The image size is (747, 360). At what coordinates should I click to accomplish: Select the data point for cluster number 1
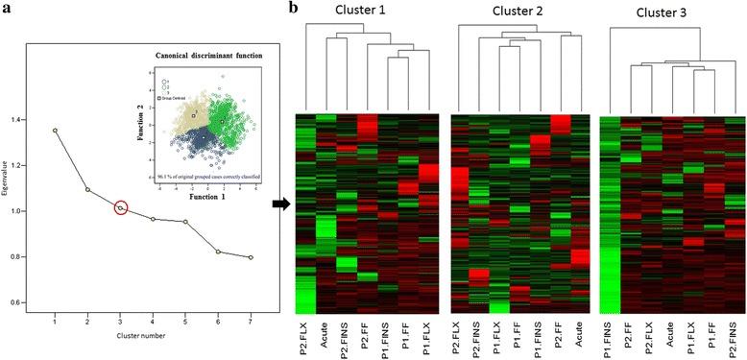[x=55, y=130]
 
